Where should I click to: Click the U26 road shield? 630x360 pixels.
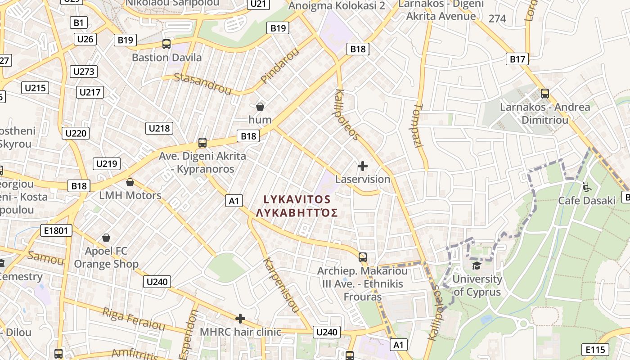85,39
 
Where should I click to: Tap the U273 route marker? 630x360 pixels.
84,72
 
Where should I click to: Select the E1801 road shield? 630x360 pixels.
56,231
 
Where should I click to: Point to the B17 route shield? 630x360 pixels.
517,59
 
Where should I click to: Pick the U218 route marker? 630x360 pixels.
159,128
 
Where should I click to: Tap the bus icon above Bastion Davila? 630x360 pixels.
166,44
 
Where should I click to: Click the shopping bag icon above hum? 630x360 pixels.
260,107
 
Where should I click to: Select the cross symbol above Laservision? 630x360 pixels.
362,166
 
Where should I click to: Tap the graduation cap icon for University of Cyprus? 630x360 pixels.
476,265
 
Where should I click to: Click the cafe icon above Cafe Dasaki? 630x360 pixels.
586,186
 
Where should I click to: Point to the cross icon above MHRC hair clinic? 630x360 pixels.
240,319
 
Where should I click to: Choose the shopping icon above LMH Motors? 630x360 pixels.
130,182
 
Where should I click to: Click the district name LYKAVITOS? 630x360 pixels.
297,199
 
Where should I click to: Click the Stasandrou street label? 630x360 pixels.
202,83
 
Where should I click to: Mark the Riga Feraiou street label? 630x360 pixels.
134,318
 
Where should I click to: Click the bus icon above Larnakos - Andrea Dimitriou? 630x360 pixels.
545,94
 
